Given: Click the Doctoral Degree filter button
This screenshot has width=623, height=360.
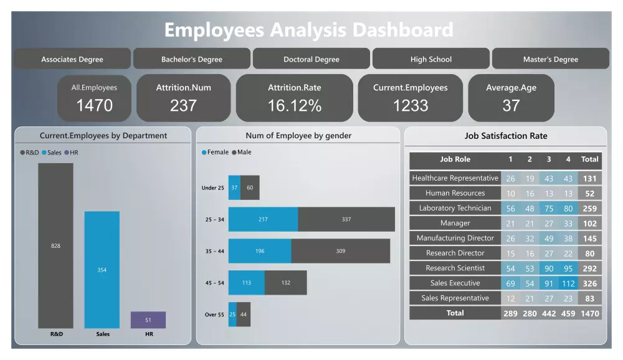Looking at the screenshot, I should [311, 59].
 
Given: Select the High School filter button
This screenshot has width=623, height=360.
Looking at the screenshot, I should [431, 59].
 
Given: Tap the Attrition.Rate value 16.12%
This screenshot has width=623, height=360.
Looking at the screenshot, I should [295, 106].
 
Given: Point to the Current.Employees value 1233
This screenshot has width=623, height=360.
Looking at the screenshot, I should [411, 106].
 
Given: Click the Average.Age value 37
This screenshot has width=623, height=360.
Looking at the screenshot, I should [511, 106].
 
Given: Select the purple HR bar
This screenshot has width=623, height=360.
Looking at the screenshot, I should [148, 320].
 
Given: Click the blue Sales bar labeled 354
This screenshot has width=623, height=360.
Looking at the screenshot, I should [102, 270].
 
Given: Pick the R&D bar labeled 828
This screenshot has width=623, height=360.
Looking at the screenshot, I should [55, 245].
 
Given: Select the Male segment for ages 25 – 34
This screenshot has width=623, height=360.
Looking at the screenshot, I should [346, 219].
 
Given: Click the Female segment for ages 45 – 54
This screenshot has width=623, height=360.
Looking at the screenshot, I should [247, 282].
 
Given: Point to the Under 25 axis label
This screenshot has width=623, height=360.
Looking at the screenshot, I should [213, 187].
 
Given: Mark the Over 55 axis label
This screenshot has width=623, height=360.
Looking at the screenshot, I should [214, 315].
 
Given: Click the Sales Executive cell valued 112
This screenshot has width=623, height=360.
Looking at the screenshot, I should [568, 283].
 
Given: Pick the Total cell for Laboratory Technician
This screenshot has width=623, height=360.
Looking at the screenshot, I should [589, 209].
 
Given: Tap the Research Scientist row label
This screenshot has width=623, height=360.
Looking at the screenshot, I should [455, 268].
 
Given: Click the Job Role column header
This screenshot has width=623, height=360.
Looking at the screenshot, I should [455, 159].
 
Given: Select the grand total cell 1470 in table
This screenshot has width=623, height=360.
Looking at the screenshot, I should [589, 313].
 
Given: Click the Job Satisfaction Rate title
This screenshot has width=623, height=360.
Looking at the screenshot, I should [506, 136].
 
